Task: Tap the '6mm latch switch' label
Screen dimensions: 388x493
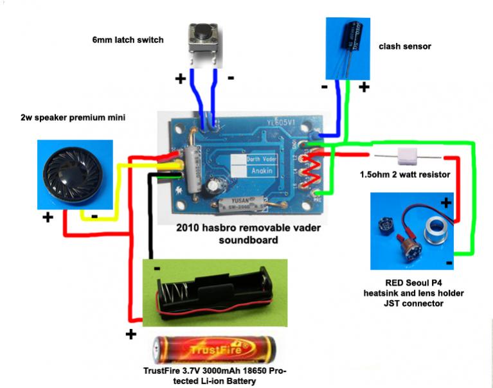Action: (x=127, y=40)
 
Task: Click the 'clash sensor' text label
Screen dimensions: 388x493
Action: (x=404, y=46)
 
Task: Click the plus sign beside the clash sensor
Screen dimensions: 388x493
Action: (x=364, y=86)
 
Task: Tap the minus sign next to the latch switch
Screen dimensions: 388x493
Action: (x=231, y=78)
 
